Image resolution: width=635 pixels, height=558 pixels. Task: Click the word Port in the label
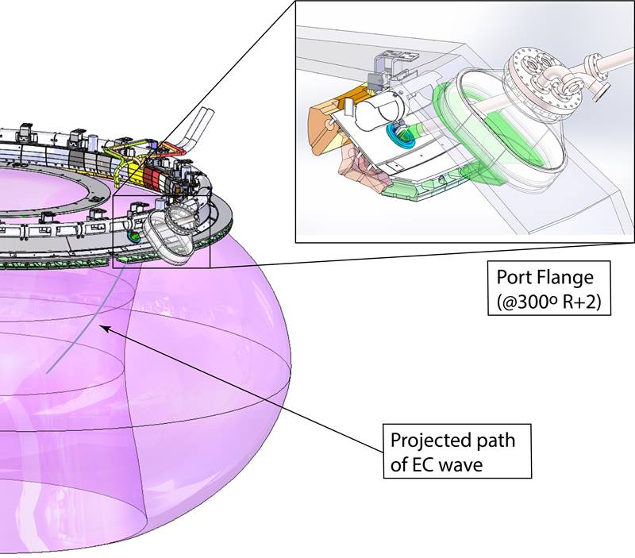point(514,278)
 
